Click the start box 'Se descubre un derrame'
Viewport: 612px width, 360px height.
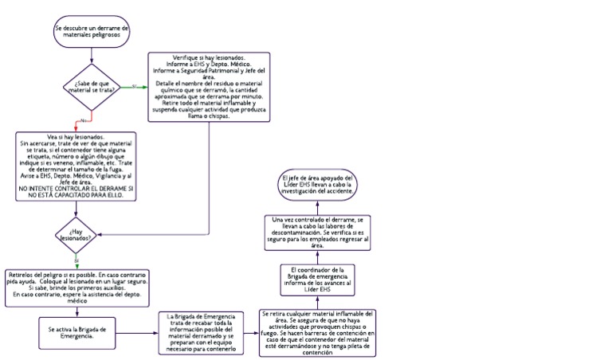(x=93, y=31)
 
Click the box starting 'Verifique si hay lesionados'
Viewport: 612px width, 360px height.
(x=208, y=87)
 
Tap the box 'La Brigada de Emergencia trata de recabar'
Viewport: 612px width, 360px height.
(x=202, y=332)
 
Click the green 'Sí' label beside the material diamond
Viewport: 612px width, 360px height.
(x=135, y=85)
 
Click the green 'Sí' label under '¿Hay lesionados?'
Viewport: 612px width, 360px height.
(x=76, y=260)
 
